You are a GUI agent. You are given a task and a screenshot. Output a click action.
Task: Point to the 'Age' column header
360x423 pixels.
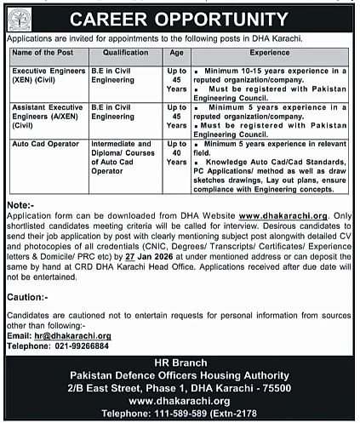178,52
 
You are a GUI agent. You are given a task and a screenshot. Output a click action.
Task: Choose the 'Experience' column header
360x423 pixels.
271,52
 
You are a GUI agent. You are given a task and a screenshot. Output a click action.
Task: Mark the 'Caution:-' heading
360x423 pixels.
26,297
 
